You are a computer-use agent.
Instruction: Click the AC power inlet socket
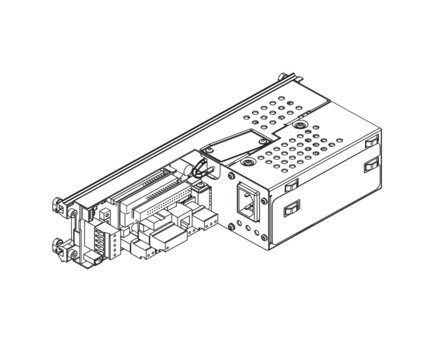coord(248,202)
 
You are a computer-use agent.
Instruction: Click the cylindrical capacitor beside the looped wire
coord(186,169)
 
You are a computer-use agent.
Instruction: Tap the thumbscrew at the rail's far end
coord(283,76)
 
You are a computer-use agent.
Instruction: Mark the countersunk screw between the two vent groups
coord(298,125)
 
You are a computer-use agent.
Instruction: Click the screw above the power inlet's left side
coord(231,176)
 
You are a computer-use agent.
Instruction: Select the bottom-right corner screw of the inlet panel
coord(264,238)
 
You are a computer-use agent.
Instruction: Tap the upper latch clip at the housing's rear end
coord(372,141)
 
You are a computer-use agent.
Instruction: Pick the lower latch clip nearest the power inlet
coord(292,208)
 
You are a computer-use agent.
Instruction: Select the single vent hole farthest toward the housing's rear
coord(339,140)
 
